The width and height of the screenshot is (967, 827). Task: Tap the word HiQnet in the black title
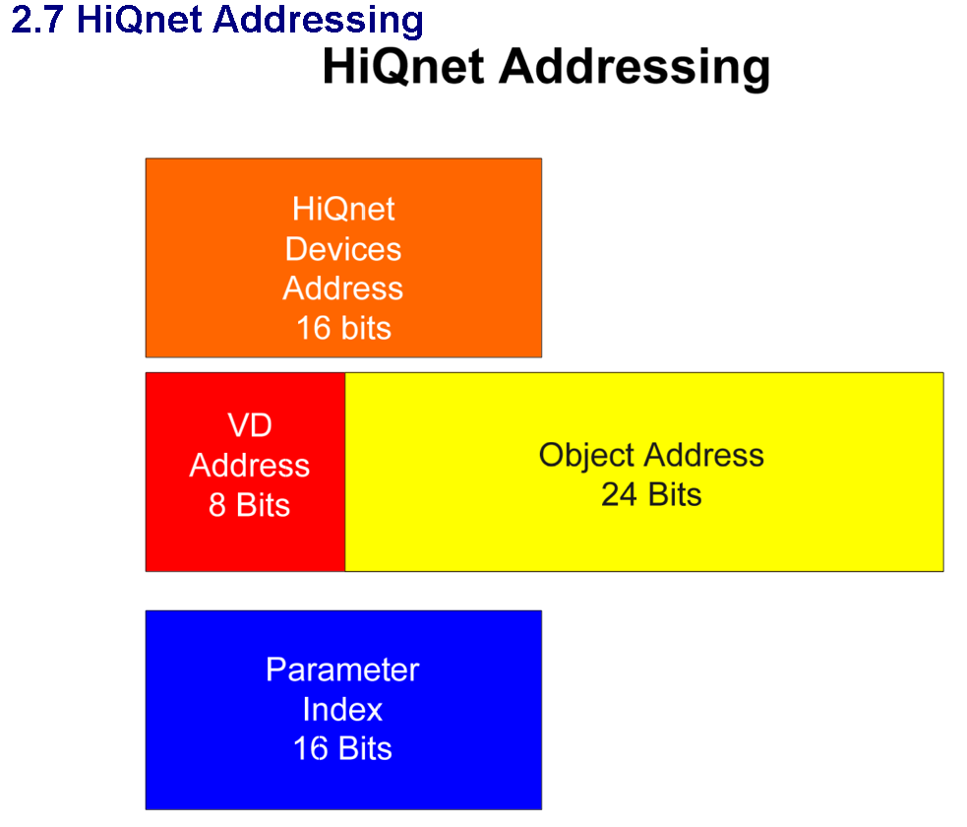click(404, 68)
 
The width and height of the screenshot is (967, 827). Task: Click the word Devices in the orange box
click(343, 249)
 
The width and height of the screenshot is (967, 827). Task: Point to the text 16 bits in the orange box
click(343, 328)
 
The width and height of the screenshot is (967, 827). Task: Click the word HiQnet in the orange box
click(343, 209)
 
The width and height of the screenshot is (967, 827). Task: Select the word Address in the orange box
click(343, 288)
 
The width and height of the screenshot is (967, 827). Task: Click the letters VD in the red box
click(249, 425)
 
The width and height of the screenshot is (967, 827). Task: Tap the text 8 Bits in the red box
click(249, 505)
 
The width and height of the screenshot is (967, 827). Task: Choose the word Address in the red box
click(249, 465)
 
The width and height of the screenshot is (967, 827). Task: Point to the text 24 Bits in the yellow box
click(651, 494)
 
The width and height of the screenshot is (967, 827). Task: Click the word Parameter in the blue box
click(342, 670)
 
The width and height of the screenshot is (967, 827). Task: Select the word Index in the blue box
click(342, 709)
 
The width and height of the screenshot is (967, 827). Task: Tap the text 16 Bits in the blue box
click(342, 748)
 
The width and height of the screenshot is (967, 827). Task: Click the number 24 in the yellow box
click(620, 494)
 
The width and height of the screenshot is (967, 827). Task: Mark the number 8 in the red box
click(217, 505)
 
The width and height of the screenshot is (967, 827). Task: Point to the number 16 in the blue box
click(310, 748)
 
